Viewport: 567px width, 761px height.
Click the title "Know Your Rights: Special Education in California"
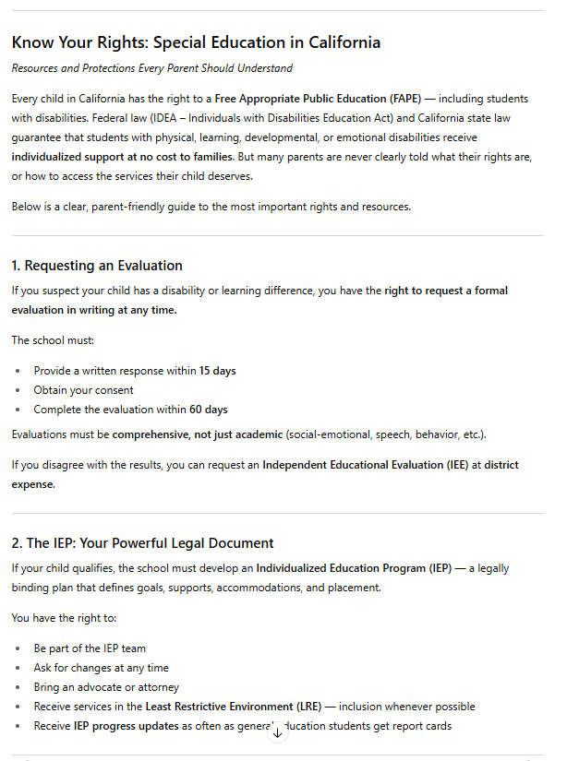pyautogui.click(x=196, y=42)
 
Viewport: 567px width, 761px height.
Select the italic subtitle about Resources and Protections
pyautogui.click(x=151, y=68)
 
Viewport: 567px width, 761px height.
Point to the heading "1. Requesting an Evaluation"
pyautogui.click(x=97, y=266)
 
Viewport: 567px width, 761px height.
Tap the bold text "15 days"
pyautogui.click(x=218, y=371)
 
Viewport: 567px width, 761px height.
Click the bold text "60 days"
pyautogui.click(x=209, y=410)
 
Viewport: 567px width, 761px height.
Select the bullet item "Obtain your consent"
pyautogui.click(x=84, y=390)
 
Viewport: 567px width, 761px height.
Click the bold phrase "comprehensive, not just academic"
pyautogui.click(x=197, y=434)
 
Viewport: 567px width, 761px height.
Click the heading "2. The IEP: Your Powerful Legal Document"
pyautogui.click(x=143, y=543)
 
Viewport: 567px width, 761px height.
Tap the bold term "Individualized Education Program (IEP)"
pyautogui.click(x=354, y=568)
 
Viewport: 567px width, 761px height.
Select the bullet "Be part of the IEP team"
pyautogui.click(x=90, y=648)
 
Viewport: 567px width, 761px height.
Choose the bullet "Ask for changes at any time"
pyautogui.click(x=102, y=668)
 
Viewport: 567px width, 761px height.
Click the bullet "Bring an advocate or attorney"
pyautogui.click(x=107, y=687)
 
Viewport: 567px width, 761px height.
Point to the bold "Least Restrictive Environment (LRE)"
pyautogui.click(x=233, y=707)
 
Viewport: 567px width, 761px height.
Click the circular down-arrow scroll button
pyautogui.click(x=277, y=733)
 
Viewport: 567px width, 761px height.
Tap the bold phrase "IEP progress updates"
pyautogui.click(x=127, y=726)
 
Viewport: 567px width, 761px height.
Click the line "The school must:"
pyautogui.click(x=53, y=340)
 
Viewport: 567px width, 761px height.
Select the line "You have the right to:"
pyautogui.click(x=63, y=618)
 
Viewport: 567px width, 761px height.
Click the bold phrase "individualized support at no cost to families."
pyautogui.click(x=123, y=157)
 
